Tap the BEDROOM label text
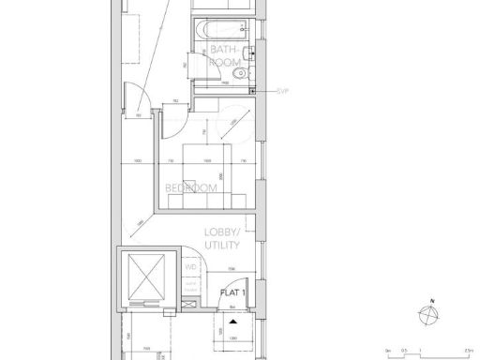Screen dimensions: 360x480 coord(191,187)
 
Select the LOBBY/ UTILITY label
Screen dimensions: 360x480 coord(223,238)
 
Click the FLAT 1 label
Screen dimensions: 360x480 coord(232,292)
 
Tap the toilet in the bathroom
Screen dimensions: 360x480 coord(241,71)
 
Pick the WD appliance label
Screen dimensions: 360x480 coord(190,266)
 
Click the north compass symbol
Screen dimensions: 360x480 coord(430,317)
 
